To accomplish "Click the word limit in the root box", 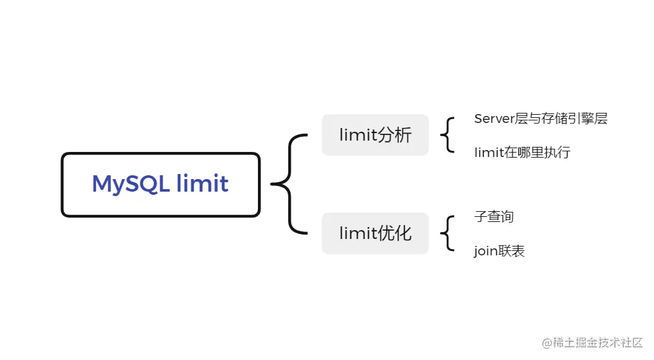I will (202, 184).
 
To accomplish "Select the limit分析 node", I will (375, 135).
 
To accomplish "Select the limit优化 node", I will (375, 233).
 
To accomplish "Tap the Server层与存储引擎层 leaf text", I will (540, 119).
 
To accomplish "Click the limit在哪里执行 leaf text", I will (522, 153).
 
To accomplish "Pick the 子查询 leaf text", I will (494, 217).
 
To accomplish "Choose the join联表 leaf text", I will (499, 252).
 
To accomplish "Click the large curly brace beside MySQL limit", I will (289, 184).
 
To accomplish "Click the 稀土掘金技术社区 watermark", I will (597, 343).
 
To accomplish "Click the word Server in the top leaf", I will (494, 119).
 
